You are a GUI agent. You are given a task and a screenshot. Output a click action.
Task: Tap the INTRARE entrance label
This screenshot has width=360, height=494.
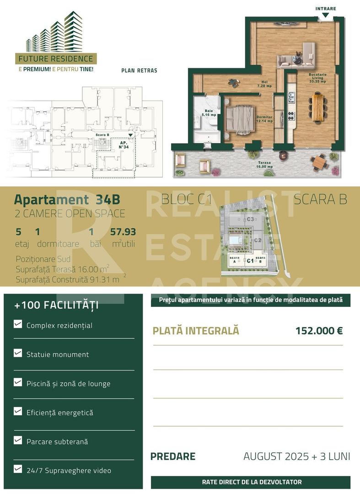click(x=325, y=9)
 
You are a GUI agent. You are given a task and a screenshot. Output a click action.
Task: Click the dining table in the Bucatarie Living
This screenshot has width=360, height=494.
click(x=316, y=107)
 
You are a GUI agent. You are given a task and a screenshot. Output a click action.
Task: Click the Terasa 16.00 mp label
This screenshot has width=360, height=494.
click(x=264, y=165)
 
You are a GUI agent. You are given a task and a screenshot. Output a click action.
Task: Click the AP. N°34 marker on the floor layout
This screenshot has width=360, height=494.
click(x=123, y=145)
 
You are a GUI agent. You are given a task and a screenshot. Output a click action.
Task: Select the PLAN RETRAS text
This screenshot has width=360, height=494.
click(x=139, y=70)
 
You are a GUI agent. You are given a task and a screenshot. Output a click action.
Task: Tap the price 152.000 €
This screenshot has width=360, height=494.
click(x=319, y=331)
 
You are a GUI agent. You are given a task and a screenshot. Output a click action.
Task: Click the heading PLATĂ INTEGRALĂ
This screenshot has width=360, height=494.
click(x=196, y=331)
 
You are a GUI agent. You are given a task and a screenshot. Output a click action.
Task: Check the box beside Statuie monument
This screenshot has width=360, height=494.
click(x=18, y=353)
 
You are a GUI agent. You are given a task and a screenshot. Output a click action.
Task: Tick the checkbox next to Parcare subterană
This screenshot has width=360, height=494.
click(x=18, y=440)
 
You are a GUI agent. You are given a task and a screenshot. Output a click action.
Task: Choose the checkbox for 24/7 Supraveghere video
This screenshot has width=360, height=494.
click(x=18, y=469)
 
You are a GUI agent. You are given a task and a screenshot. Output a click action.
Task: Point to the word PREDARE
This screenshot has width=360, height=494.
click(x=173, y=456)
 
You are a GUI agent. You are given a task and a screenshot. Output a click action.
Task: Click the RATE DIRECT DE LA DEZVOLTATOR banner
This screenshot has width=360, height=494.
click(x=251, y=482)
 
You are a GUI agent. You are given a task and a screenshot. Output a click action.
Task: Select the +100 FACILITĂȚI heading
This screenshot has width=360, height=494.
click(x=56, y=306)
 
